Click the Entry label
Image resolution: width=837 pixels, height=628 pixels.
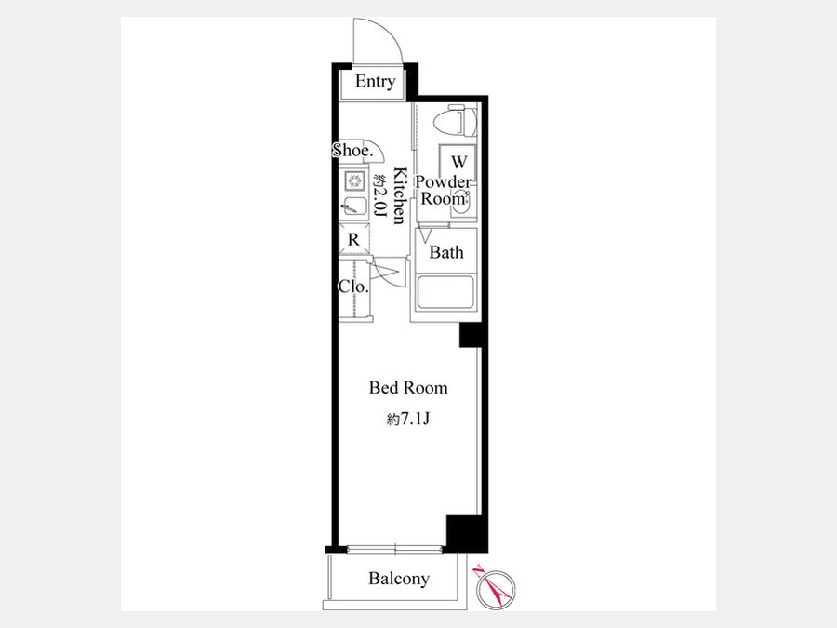tap(375, 81)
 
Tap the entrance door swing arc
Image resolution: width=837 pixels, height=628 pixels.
tap(393, 34)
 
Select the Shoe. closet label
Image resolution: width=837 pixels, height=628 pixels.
tap(352, 151)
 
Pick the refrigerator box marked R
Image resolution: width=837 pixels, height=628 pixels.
tap(353, 240)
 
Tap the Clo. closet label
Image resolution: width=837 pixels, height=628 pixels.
tap(353, 287)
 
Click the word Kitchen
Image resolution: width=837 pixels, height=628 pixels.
tap(400, 195)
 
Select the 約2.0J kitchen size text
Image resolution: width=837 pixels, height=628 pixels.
tap(379, 195)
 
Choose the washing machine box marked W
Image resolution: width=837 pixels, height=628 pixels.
tap(458, 162)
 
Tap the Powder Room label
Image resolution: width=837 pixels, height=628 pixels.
tap(444, 190)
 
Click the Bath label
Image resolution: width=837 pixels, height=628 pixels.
tap(446, 252)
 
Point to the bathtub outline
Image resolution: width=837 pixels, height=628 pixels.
tap(445, 292)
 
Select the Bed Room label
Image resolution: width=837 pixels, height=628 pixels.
tap(408, 388)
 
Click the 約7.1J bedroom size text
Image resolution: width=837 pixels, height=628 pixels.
tap(408, 420)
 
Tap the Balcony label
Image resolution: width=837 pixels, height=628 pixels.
tap(399, 579)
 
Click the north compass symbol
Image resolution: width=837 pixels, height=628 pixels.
tap(496, 589)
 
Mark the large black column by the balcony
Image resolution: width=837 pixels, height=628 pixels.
tap(467, 534)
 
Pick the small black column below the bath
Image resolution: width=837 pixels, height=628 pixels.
tap(472, 335)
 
